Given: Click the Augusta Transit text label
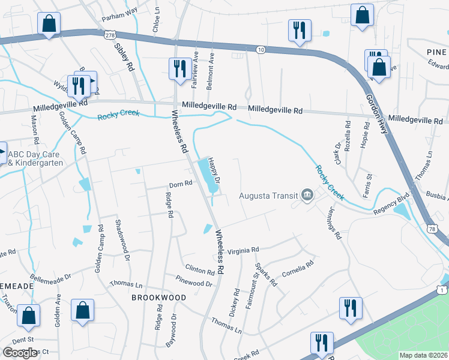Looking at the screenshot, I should click(268, 195).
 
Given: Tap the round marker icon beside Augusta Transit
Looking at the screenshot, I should click(307, 195).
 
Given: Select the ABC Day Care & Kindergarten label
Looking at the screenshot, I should click(35, 157).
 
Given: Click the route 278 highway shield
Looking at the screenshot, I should click(109, 35).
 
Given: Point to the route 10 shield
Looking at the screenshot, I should click(260, 50).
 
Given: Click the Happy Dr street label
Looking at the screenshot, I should click(214, 170).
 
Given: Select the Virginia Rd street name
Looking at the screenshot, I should click(243, 250).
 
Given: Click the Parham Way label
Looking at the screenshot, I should click(119, 19).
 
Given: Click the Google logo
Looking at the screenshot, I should click(20, 353).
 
